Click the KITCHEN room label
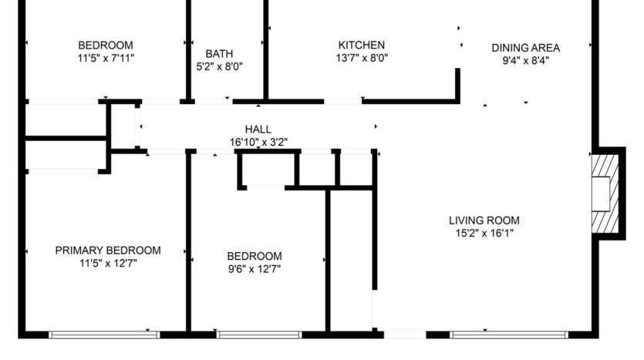pyautogui.click(x=361, y=45)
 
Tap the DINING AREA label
pyautogui.click(x=525, y=48)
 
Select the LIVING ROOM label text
pyautogui.click(x=484, y=220)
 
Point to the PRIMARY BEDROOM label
pyautogui.click(x=108, y=250)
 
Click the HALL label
pyautogui.click(x=258, y=130)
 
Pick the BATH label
pyautogui.click(x=219, y=53)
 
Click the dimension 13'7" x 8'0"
pyautogui.click(x=361, y=58)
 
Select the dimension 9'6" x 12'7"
pyautogui.click(x=254, y=269)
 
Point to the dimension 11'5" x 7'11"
pyautogui.click(x=105, y=58)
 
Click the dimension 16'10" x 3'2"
pyautogui.click(x=258, y=142)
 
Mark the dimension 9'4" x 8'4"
pyautogui.click(x=525, y=60)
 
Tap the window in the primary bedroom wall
pyautogui.click(x=104, y=335)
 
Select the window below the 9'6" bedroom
pyautogui.click(x=258, y=335)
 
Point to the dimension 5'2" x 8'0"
pyautogui.click(x=219, y=66)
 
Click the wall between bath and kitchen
pyautogui.click(x=265, y=46)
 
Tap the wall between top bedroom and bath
pyautogui.click(x=188, y=46)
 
